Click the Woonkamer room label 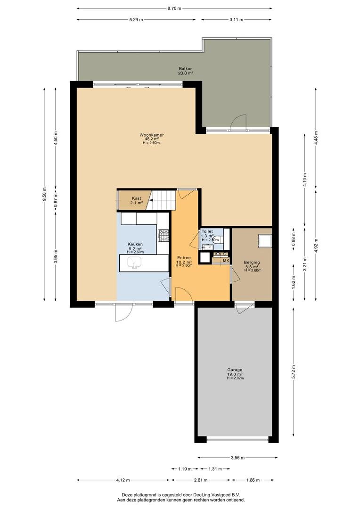tap(151, 135)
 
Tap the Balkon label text tap(186, 68)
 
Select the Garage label tap(235, 369)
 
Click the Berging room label tap(252, 263)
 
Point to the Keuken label tap(135, 244)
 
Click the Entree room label tap(184, 258)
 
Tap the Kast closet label tap(136, 198)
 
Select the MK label tap(226, 260)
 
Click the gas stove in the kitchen tap(164, 236)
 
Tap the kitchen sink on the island tap(134, 262)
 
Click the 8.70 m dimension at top tap(174, 9)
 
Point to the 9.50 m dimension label tap(44, 194)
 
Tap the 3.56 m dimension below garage tap(237, 458)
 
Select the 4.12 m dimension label tap(123, 480)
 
